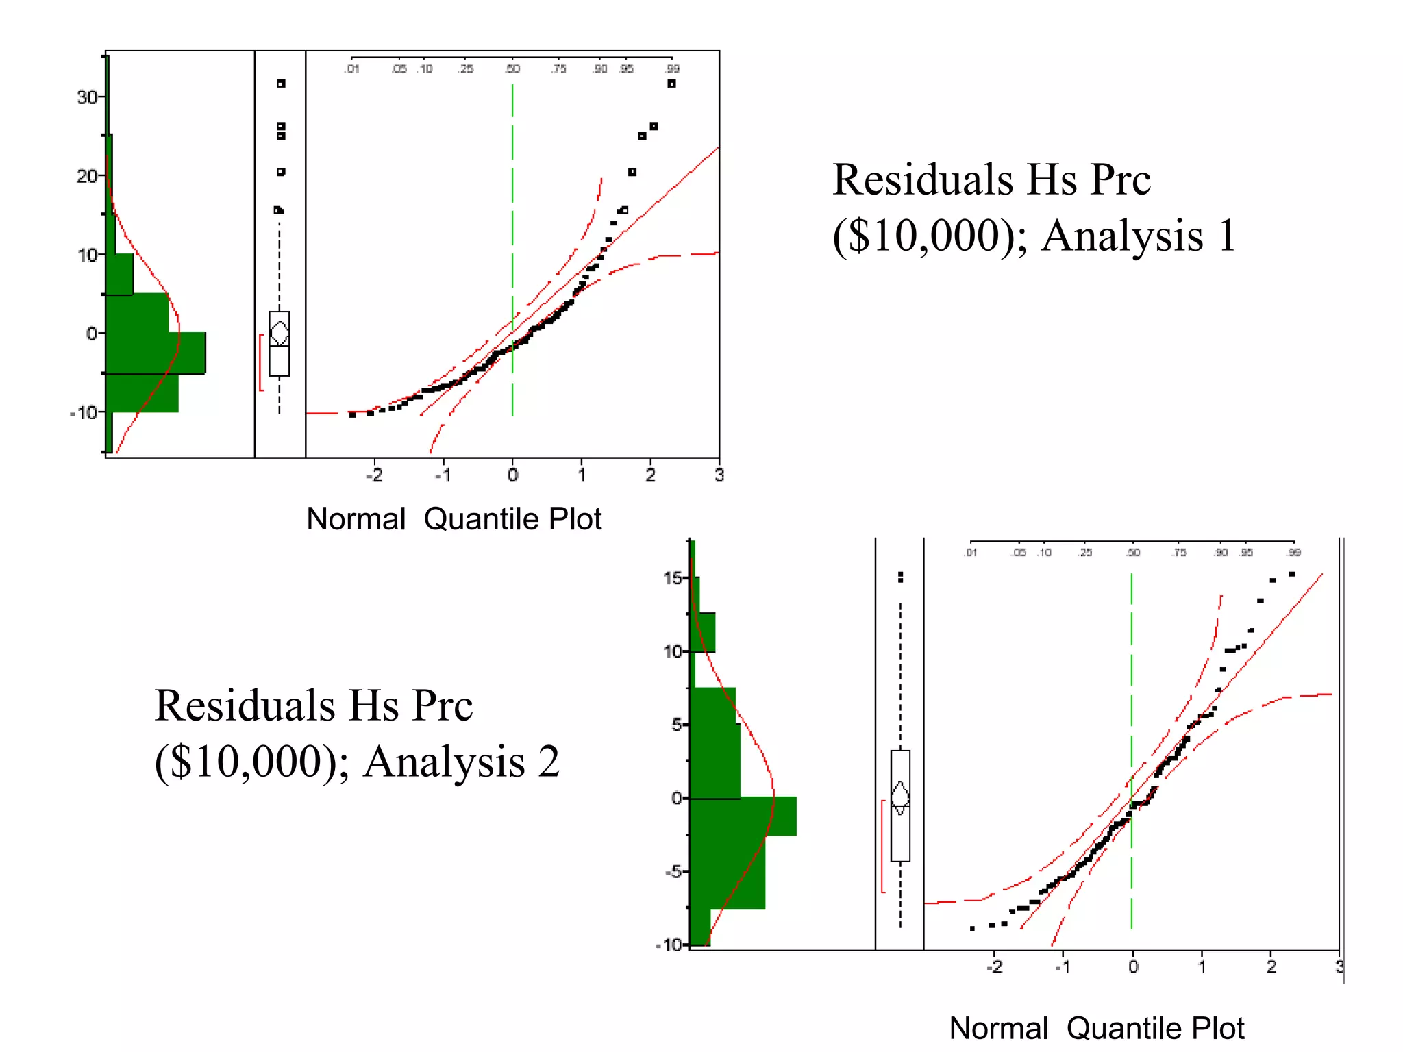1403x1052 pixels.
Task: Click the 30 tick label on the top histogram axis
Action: (x=86, y=97)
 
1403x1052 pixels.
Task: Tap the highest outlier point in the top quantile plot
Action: (x=671, y=84)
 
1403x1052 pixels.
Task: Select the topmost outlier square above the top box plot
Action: (x=281, y=84)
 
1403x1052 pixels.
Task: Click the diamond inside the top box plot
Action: (x=280, y=334)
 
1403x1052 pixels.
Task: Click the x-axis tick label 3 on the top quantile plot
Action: (x=719, y=475)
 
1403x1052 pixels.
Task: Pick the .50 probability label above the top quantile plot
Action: (x=512, y=68)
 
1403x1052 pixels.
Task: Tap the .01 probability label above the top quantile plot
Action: (x=352, y=68)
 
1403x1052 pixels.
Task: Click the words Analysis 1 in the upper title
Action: (x=1138, y=236)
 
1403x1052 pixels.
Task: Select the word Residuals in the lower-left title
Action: (x=245, y=705)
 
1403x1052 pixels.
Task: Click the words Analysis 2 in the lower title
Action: (x=461, y=762)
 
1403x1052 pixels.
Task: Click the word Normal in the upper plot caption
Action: (x=356, y=519)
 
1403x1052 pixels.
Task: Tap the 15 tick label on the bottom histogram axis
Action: (x=672, y=578)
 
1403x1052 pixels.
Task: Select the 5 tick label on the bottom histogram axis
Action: (x=677, y=725)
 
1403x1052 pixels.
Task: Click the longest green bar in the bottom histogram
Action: (x=743, y=816)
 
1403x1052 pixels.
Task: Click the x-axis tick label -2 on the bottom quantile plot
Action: (x=994, y=967)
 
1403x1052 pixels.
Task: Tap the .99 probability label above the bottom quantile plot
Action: (x=1293, y=552)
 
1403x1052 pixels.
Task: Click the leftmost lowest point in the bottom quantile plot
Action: (x=972, y=928)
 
